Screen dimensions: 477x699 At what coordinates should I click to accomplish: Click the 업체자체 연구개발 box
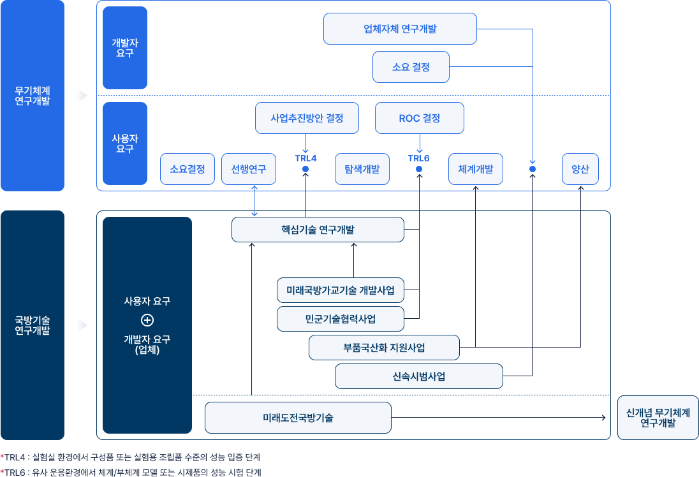pos(400,29)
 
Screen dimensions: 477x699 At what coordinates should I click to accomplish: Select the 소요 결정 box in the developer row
pos(411,67)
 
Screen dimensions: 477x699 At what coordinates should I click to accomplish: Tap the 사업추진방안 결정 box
pos(307,118)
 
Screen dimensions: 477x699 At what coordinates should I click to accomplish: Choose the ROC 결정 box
pos(419,118)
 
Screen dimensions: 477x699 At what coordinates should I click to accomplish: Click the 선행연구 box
pos(249,169)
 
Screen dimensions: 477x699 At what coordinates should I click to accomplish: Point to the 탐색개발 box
pos(362,169)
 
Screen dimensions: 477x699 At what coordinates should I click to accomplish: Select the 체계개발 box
pos(475,169)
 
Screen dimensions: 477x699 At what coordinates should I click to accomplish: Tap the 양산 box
pos(580,169)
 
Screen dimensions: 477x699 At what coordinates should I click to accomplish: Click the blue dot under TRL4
pos(305,169)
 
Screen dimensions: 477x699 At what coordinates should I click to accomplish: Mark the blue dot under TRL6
pos(419,169)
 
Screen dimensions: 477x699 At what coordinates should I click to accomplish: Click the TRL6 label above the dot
pos(419,158)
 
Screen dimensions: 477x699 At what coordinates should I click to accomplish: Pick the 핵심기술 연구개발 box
pos(318,230)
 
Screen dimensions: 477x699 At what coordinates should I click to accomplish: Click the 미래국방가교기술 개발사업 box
pos(341,290)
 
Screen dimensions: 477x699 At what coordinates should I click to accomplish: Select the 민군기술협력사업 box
pos(341,319)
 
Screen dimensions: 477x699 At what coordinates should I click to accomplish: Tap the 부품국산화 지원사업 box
pos(384,348)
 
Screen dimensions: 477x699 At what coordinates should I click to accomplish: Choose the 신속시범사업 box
pos(418,376)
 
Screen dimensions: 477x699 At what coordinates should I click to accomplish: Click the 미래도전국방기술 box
pos(298,418)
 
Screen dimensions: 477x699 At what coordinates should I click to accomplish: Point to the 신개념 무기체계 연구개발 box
pos(658,418)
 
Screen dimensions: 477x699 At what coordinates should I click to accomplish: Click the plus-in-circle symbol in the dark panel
pos(147,320)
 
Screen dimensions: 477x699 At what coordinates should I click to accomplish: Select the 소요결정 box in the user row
pos(188,169)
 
